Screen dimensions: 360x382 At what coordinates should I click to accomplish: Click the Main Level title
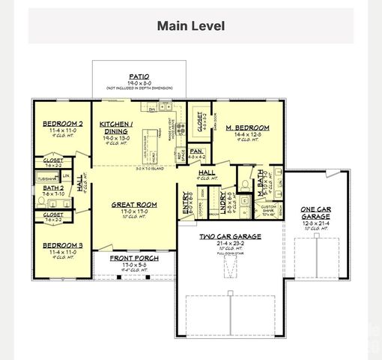click(x=190, y=25)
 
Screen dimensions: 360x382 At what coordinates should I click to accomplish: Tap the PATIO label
click(x=138, y=76)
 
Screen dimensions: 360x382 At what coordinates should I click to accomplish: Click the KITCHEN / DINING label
click(x=116, y=127)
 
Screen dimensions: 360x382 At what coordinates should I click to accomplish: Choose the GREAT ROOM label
click(x=133, y=204)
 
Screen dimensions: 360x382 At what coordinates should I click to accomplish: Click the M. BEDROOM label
click(x=248, y=127)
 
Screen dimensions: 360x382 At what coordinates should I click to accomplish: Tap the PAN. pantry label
click(x=197, y=151)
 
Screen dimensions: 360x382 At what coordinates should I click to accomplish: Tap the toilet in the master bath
click(x=245, y=182)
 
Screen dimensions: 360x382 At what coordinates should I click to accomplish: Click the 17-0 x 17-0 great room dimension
click(x=133, y=211)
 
